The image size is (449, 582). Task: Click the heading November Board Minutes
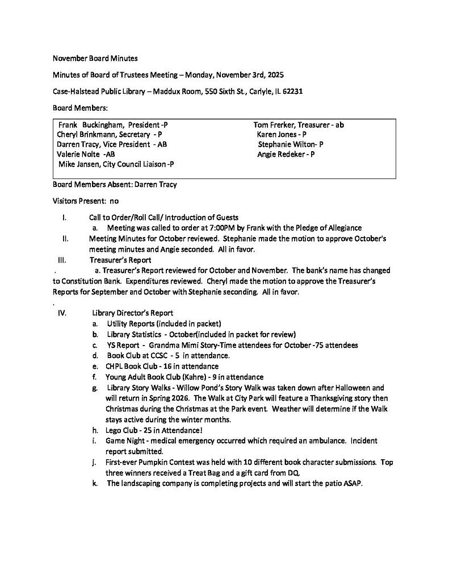coord(95,58)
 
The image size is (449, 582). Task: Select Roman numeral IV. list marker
coord(62,313)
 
